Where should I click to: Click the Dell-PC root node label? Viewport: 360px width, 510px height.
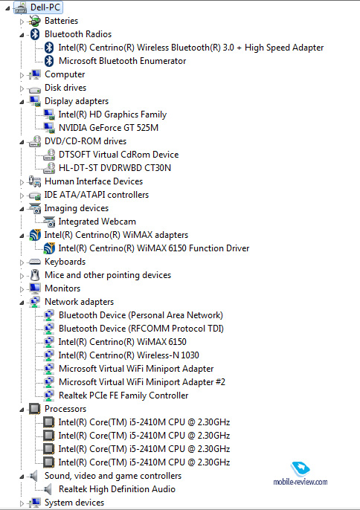coord(45,7)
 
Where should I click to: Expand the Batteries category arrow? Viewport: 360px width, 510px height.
coord(22,22)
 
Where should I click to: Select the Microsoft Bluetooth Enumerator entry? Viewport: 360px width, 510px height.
coord(123,61)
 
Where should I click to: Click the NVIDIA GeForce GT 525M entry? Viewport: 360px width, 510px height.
coord(109,128)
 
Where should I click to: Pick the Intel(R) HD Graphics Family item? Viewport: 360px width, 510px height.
coord(112,114)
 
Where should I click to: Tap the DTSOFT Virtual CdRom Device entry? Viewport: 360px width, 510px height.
coord(118,154)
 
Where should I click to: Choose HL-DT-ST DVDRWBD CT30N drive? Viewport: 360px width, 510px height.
coord(115,168)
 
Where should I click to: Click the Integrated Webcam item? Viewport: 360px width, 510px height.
coord(97,222)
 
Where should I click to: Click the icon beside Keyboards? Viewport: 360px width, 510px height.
coord(34,262)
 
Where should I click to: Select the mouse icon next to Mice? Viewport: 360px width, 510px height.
coord(35,275)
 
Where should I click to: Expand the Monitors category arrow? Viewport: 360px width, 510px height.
coord(22,289)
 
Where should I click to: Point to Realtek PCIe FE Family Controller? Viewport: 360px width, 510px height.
coord(123,396)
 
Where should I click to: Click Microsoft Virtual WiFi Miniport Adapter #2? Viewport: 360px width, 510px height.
coord(142,382)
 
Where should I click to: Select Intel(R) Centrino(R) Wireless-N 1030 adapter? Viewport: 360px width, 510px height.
coord(129,355)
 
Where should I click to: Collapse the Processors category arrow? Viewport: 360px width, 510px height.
coord(22,410)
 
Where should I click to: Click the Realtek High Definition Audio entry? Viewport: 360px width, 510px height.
coord(117,489)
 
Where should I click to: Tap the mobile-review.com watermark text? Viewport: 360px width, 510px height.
coord(300,482)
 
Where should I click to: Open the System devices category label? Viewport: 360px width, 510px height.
coord(74,503)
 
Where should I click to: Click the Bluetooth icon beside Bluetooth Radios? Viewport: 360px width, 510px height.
coord(35,34)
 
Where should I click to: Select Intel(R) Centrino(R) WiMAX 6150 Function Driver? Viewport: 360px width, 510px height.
coord(154,248)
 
